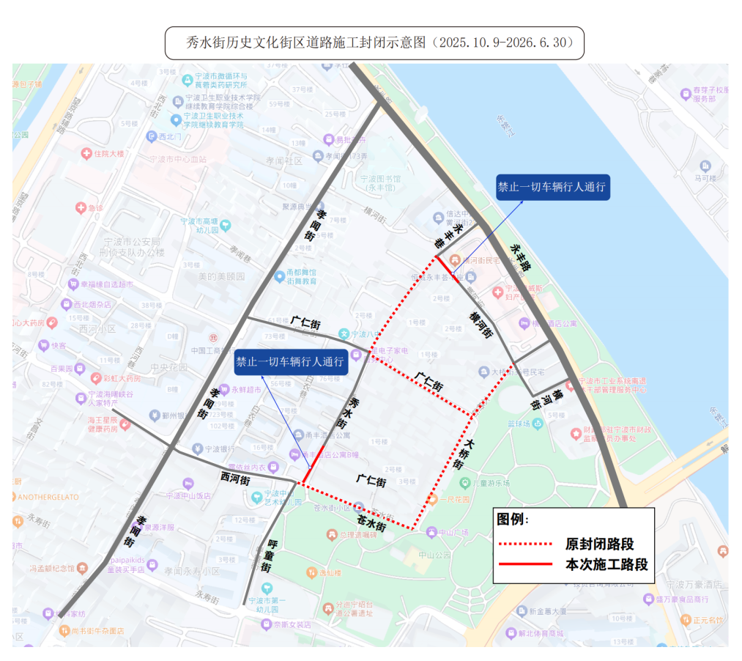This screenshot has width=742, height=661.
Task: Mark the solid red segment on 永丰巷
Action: pos(446,267)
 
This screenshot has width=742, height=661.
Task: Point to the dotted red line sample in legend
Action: pos(524,544)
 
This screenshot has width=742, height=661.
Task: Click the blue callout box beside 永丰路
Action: pos(553,187)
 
